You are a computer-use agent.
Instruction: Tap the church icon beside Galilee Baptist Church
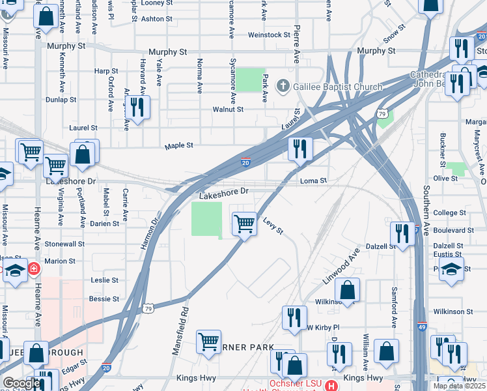(283, 86)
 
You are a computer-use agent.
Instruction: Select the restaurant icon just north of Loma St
(300, 149)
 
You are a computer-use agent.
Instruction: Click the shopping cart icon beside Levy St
(244, 224)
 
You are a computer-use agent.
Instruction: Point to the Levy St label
(273, 226)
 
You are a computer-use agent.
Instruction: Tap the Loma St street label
(313, 181)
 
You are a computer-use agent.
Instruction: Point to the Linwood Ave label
(341, 266)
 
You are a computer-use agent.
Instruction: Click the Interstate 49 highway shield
(423, 328)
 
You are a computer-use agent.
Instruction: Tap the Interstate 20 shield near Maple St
(245, 162)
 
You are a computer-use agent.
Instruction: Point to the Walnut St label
(228, 109)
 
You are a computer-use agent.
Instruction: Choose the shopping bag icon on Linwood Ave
(348, 291)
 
